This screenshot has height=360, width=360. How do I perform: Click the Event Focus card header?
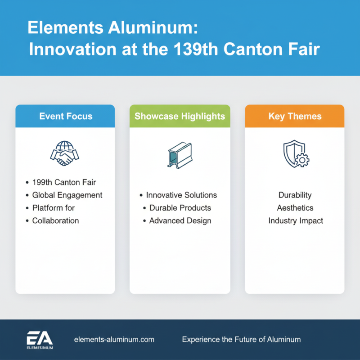(65, 116)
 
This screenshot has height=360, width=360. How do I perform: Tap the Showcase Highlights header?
(180, 116)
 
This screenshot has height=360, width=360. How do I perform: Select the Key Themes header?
(295, 116)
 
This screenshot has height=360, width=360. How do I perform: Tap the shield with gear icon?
(296, 154)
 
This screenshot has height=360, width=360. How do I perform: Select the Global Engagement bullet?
(67, 195)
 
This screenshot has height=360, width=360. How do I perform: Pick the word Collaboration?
(55, 220)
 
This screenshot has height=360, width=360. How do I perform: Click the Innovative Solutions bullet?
(181, 195)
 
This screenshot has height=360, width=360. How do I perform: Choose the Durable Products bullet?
(180, 208)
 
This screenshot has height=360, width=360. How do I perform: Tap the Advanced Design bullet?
(180, 220)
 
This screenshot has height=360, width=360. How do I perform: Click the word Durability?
(295, 195)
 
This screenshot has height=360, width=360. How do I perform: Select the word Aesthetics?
(295, 208)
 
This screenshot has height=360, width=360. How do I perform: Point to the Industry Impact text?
(296, 220)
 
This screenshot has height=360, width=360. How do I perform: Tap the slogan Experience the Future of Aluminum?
(241, 339)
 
